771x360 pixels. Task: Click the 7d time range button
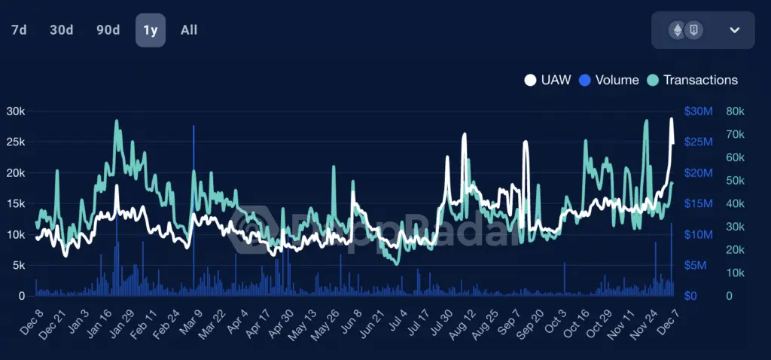(x=20, y=30)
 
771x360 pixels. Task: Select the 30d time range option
(x=61, y=30)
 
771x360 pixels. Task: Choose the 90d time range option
(x=108, y=30)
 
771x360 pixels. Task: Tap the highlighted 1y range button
(x=150, y=30)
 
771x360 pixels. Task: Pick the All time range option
(x=189, y=30)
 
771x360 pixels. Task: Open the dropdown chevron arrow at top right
(x=735, y=30)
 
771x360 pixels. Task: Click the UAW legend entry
(x=547, y=80)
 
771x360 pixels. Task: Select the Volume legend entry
(x=608, y=80)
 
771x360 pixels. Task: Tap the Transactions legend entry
(x=692, y=80)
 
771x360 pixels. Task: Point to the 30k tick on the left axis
(x=14, y=111)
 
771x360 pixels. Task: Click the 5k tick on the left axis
(x=17, y=265)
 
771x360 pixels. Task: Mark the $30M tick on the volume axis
(x=699, y=111)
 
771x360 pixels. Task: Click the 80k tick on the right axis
(x=736, y=111)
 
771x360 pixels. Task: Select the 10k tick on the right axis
(x=736, y=273)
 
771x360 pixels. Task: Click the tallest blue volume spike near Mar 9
(x=194, y=128)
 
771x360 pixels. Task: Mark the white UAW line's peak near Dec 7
(x=672, y=119)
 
